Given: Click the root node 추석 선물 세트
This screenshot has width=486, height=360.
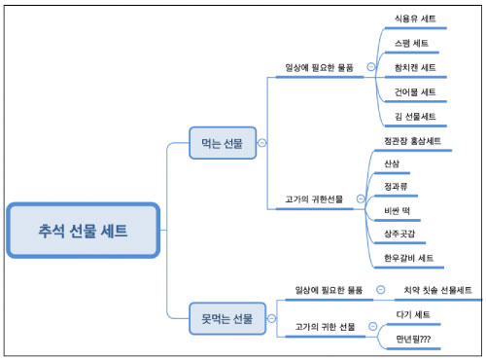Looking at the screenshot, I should (83, 230).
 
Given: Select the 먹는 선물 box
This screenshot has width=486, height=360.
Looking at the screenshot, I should (223, 143).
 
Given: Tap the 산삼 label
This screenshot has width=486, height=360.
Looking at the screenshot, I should (392, 162).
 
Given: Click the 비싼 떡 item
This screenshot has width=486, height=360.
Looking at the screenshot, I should (399, 210).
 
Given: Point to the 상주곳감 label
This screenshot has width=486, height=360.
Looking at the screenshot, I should (401, 234).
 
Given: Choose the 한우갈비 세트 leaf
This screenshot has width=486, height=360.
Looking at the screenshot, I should (409, 258).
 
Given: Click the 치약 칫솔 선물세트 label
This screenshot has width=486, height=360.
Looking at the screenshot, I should (437, 290).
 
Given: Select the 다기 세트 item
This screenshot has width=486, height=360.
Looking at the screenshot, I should (413, 314).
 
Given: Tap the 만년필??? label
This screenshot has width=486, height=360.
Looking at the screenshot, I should (413, 339).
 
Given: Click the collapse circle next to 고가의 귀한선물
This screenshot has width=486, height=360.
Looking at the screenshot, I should (360, 198).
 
